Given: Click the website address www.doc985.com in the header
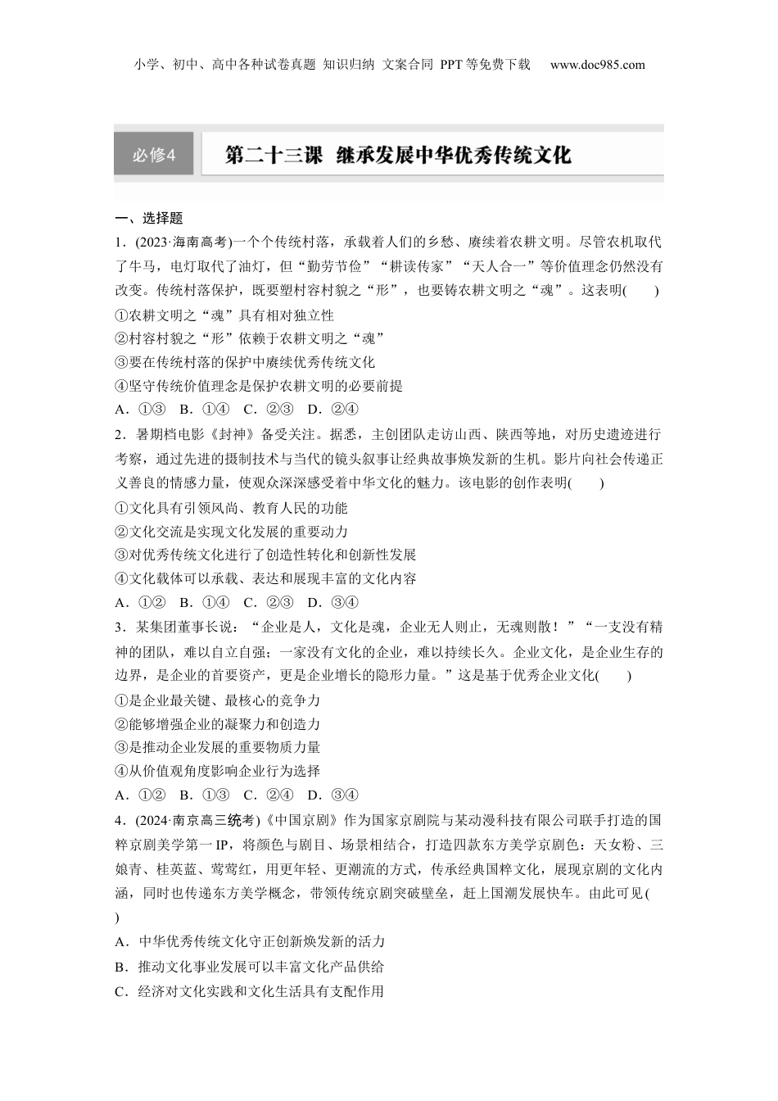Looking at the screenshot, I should point(597,65).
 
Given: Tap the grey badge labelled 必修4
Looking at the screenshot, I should point(154,154).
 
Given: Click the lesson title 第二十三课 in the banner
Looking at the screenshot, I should point(274,155).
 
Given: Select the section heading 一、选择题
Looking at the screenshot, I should point(148,218).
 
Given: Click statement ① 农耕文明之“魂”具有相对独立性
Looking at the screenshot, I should point(225,315).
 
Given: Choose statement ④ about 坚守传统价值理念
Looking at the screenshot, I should point(259,386).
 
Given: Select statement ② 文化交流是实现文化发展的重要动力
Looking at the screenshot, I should point(232,532).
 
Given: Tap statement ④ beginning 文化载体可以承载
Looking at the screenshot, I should point(266,578).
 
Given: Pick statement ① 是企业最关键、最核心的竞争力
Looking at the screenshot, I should point(218,700).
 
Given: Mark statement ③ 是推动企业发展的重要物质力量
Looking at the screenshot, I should point(218,747).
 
